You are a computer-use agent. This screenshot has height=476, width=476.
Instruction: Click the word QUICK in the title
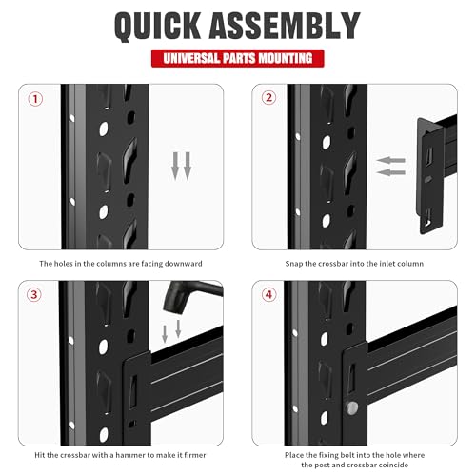pyautogui.click(x=157, y=26)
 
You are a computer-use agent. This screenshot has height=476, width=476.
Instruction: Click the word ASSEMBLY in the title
pyautogui.click(x=285, y=26)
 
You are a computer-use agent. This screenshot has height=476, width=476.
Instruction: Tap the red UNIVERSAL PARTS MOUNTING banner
pyautogui.click(x=238, y=58)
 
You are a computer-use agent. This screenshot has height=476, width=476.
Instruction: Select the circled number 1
pyautogui.click(x=35, y=99)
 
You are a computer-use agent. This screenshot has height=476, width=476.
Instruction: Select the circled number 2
pyautogui.click(x=268, y=98)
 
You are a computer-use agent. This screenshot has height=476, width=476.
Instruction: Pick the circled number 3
pyautogui.click(x=33, y=295)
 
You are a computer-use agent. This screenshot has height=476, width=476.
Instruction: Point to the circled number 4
pyautogui.click(x=268, y=295)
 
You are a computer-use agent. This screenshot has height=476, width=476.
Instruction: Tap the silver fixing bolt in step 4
pyautogui.click(x=351, y=408)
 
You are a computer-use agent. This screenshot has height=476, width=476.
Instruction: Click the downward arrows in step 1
pyautogui.click(x=181, y=166)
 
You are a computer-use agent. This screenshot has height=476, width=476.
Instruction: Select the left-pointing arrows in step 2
pyautogui.click(x=391, y=166)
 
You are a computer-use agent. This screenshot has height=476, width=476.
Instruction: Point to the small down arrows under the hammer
pyautogui.click(x=171, y=331)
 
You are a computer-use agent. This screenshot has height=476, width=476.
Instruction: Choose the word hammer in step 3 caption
pyautogui.click(x=130, y=455)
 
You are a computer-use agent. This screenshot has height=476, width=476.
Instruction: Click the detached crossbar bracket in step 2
pyautogui.click(x=429, y=176)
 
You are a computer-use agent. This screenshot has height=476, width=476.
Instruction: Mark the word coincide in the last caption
pyautogui.click(x=392, y=465)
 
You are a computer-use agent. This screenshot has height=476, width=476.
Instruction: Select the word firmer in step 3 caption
pyautogui.click(x=195, y=455)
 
